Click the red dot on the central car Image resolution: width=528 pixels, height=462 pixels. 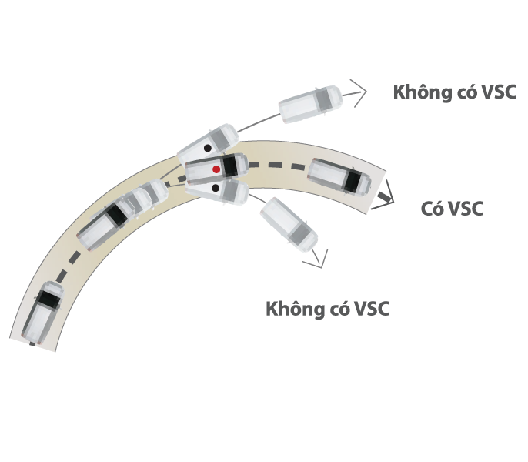[216, 169]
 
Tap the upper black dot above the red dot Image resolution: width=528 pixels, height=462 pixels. [207, 147]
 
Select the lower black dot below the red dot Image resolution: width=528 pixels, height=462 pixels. [215, 187]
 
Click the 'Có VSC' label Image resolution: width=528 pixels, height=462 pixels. [452, 209]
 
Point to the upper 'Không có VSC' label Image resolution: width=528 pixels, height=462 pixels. [454, 92]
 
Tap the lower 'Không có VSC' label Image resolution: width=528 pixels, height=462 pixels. [328, 310]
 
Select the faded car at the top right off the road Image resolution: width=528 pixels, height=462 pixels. [309, 103]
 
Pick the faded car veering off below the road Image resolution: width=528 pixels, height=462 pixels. [289, 224]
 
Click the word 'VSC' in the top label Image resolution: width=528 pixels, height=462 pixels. [496, 92]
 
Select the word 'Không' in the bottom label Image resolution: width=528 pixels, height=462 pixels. [291, 310]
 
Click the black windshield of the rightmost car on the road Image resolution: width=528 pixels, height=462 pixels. [354, 180]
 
